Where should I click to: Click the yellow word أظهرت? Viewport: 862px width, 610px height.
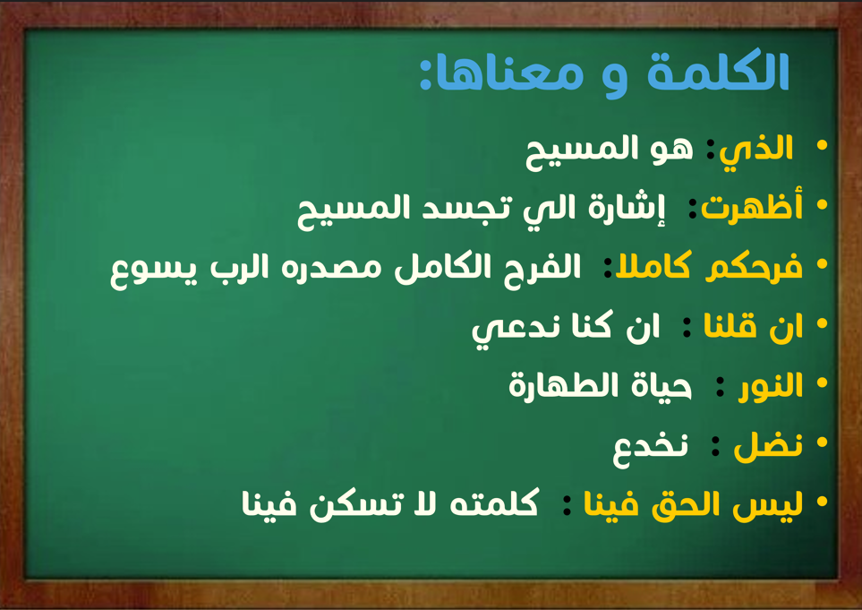click(752, 206)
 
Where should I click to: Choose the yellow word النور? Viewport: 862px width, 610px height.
click(771, 385)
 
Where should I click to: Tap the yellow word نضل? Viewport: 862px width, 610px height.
click(768, 445)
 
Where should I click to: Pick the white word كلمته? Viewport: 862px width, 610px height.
click(494, 503)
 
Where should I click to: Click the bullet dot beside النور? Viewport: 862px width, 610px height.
click(822, 382)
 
